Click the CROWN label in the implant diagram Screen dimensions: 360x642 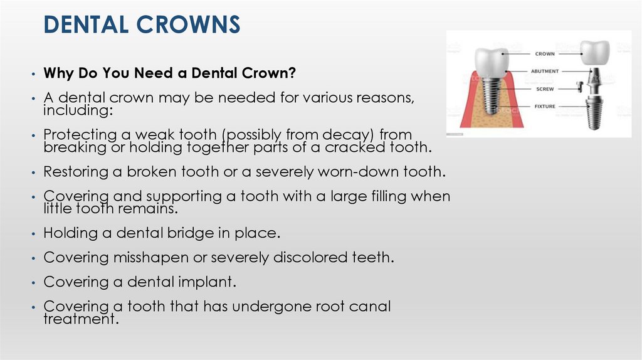coord(545,54)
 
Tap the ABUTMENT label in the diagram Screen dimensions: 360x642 coord(545,71)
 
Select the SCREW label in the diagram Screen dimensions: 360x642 coord(545,89)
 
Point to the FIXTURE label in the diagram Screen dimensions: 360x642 coord(545,107)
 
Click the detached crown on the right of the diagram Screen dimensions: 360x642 coord(594,54)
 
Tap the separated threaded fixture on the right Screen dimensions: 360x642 coord(594,114)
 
